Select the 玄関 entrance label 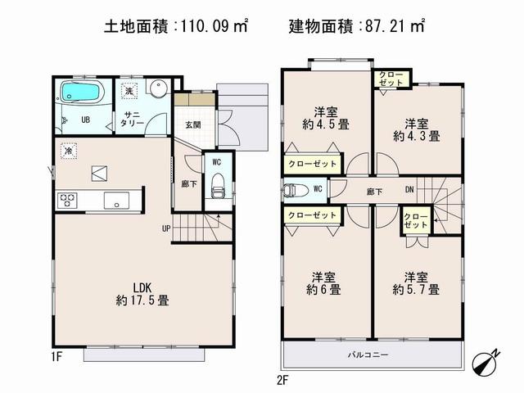click(x=192, y=124)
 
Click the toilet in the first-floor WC click(x=218, y=189)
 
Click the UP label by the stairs click(x=166, y=228)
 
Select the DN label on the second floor click(x=409, y=190)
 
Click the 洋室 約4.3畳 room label click(x=417, y=129)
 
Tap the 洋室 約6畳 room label click(x=326, y=282)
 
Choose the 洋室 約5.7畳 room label click(x=416, y=282)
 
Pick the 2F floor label click(x=282, y=379)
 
